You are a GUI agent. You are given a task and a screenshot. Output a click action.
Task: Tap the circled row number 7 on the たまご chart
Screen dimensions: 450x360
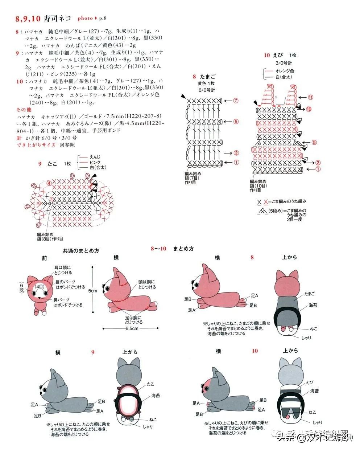coord(236,101)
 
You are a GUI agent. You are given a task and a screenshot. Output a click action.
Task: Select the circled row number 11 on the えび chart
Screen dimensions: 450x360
coord(311,97)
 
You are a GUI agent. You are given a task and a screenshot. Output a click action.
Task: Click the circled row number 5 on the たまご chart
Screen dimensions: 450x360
coord(236,122)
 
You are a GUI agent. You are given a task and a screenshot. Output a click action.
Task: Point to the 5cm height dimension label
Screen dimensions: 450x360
coord(93,291)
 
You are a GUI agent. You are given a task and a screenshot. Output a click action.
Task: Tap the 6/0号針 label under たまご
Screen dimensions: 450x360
coord(206,90)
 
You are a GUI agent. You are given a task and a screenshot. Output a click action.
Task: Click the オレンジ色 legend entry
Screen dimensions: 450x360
coord(285,71)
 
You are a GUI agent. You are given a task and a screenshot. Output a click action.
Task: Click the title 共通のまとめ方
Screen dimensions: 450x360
coord(81,250)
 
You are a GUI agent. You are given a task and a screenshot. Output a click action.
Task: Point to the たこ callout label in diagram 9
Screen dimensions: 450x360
coord(151,384)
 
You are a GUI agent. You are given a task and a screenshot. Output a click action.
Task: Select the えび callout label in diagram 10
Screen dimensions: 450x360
coord(309,382)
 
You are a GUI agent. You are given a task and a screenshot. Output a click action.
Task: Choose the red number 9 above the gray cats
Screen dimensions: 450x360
coord(93,352)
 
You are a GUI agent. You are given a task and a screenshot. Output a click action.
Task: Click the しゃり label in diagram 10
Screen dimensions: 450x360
coord(317,422)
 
